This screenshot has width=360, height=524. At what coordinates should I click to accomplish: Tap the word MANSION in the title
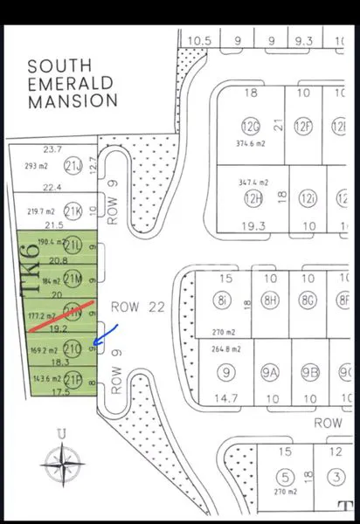(73, 100)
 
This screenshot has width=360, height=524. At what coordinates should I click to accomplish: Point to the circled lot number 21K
(73, 210)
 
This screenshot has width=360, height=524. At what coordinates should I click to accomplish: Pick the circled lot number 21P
(73, 379)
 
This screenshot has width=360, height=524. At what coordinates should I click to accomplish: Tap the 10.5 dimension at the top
(200, 40)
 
